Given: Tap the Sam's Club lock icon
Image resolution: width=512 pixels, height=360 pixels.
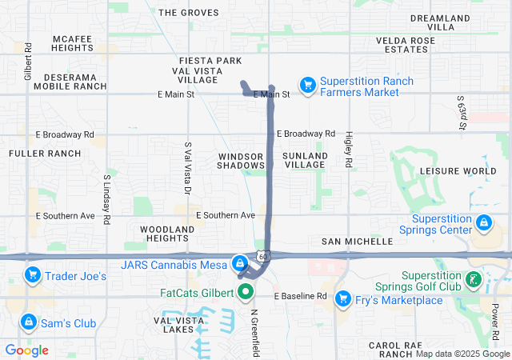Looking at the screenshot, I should [28, 322].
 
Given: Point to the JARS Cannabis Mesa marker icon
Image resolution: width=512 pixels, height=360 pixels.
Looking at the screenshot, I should [239, 262].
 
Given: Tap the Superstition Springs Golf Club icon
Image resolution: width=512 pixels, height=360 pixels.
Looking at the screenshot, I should [474, 280].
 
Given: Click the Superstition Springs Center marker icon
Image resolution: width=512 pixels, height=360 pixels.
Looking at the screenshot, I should [483, 222].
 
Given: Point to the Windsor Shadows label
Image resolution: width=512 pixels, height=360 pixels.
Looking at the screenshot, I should [241, 160].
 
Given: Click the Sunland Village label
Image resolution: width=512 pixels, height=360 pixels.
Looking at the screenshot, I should [305, 160].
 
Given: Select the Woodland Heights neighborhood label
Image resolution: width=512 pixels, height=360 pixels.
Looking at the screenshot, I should [167, 234].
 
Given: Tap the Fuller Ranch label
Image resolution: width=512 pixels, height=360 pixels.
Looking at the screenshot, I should [45, 153].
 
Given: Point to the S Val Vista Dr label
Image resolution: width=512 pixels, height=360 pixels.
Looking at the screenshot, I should [187, 168].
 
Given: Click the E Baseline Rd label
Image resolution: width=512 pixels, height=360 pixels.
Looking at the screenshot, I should [301, 296].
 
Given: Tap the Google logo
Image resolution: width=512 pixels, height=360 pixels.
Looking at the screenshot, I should [27, 350].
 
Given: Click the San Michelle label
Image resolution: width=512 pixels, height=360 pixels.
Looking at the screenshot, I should [357, 241].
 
